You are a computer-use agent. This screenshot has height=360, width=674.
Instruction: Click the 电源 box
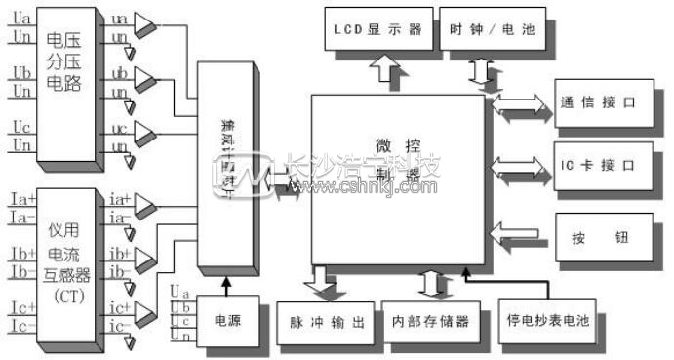pos(226,319)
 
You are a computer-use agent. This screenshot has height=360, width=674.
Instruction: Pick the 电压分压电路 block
pos(67,82)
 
